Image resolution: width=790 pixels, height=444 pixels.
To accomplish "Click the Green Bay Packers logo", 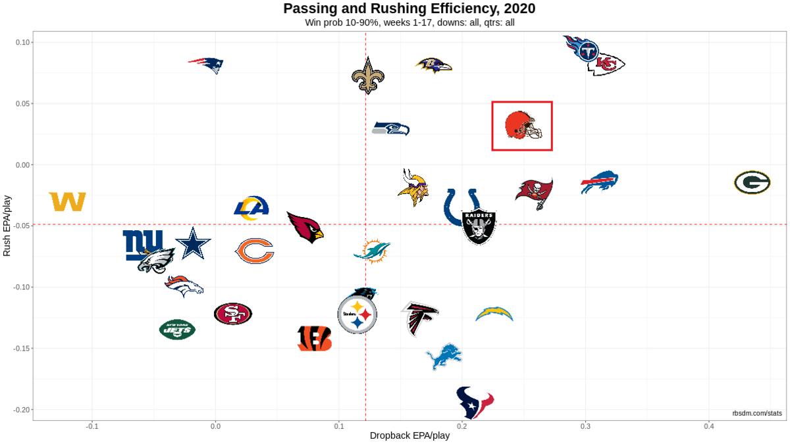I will click(x=752, y=182).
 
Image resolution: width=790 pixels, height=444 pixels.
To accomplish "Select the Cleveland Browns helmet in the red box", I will click(x=522, y=125).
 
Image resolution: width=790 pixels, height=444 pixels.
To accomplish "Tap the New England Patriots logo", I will click(x=207, y=64).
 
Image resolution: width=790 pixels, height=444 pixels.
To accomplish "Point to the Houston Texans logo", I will click(x=475, y=403).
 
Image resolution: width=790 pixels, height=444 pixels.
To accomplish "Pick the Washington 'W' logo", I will click(x=67, y=201).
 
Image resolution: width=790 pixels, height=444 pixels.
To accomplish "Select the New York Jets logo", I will click(x=177, y=329).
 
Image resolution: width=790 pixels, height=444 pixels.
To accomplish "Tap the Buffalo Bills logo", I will click(x=600, y=182).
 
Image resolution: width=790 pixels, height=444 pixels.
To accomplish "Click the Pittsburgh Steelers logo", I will click(x=357, y=314).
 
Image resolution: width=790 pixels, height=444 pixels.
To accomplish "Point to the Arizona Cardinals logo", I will click(x=305, y=227).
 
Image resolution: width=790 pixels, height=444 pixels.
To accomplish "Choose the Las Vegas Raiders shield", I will click(x=479, y=227).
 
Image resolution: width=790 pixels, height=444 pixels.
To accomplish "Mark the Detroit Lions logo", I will click(x=444, y=356).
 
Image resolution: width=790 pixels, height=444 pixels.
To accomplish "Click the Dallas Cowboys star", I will click(x=193, y=244).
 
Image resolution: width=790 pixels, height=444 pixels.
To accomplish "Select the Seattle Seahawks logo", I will click(x=391, y=128).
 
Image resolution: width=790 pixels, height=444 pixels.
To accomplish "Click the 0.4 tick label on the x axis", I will click(x=708, y=427).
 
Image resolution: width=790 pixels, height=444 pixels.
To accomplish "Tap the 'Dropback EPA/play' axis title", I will click(x=409, y=435).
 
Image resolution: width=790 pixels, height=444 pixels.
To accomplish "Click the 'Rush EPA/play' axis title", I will click(x=8, y=225).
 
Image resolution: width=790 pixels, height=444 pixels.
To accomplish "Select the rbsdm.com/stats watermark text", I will click(x=757, y=413).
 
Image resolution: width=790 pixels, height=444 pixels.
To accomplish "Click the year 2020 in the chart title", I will click(x=517, y=9).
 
